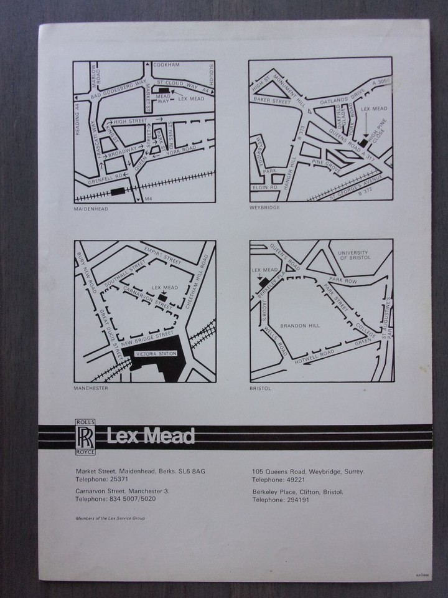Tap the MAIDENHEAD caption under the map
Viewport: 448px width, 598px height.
[x=90, y=209]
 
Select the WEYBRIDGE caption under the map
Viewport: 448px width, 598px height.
[x=264, y=207]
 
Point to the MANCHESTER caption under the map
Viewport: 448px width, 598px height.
[x=91, y=388]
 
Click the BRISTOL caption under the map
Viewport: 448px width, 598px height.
[x=261, y=387]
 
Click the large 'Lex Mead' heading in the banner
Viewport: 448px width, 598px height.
[x=150, y=435]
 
